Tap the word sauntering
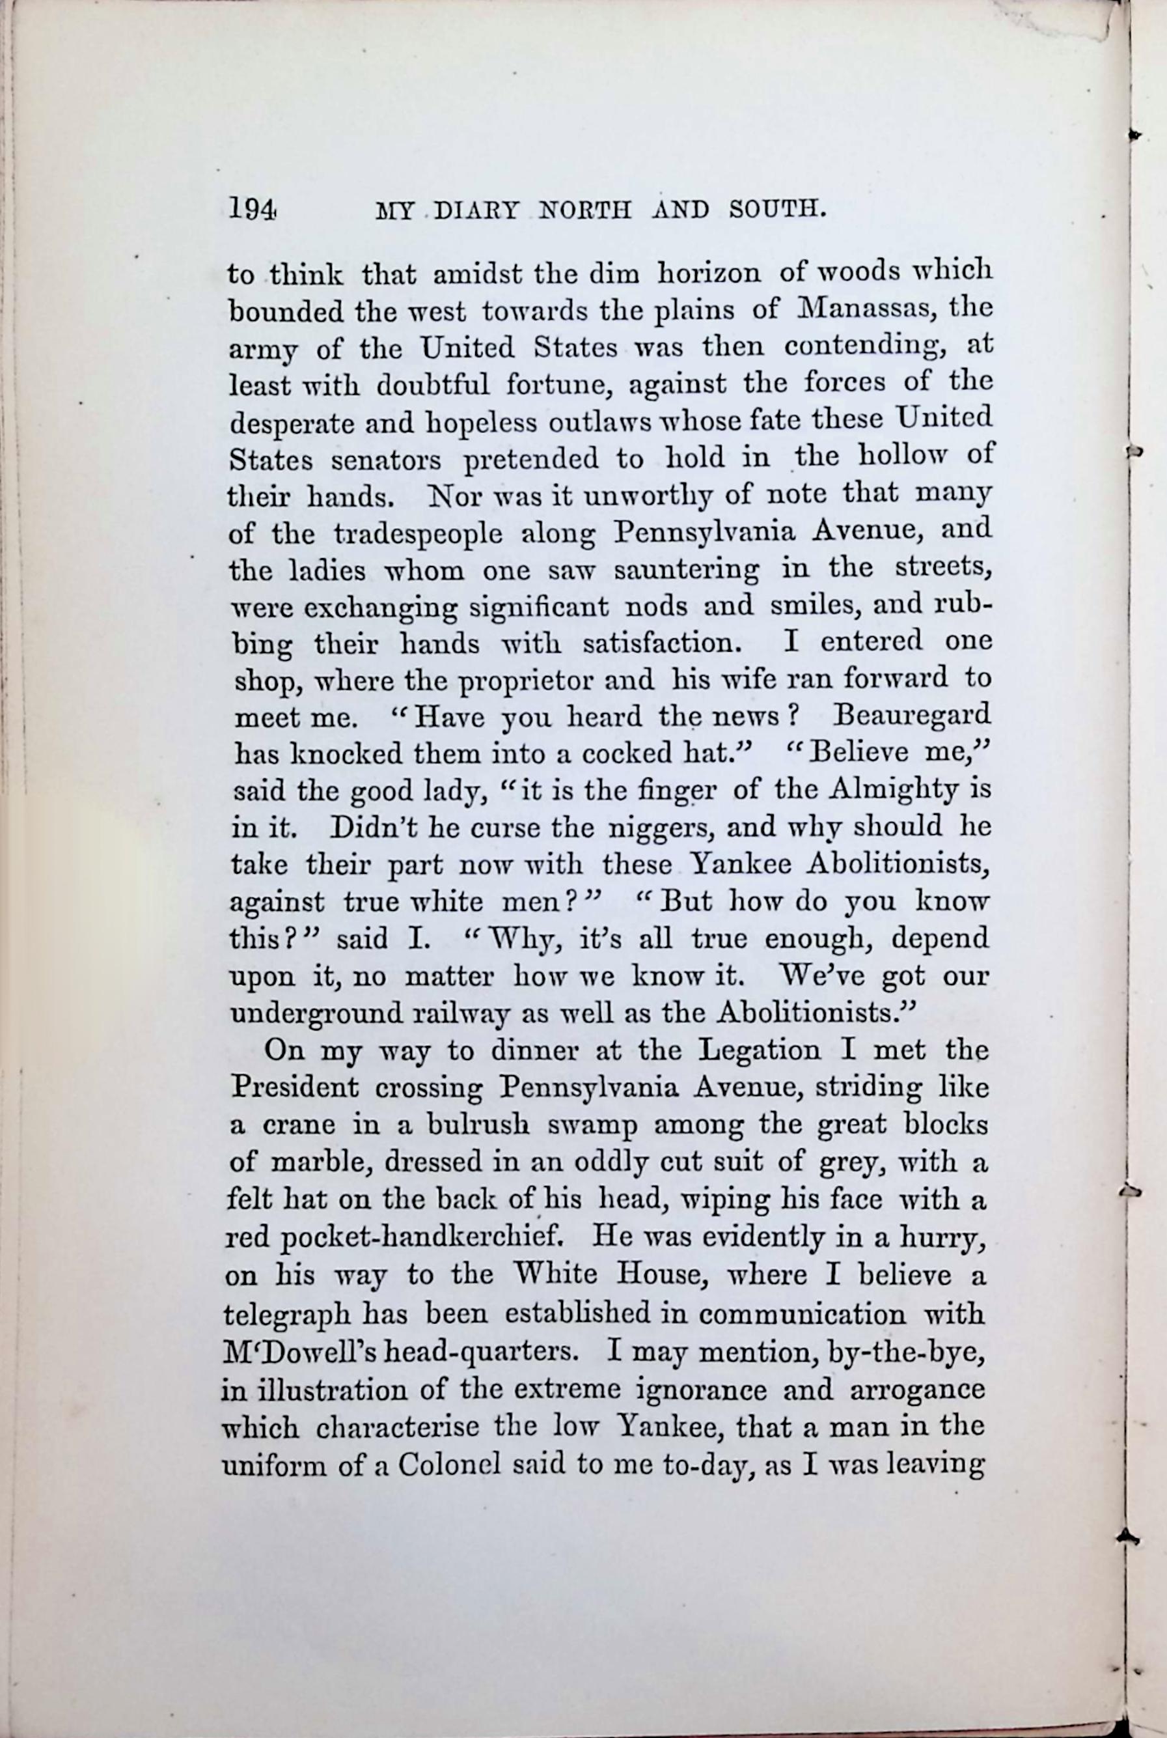pyautogui.click(x=686, y=571)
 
